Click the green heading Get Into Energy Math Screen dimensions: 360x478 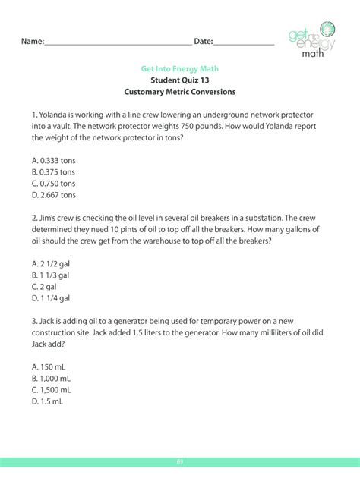[180, 68]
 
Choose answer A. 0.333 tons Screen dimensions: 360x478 [54, 161]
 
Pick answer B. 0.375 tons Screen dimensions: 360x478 [54, 172]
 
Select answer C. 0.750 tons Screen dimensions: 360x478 [54, 184]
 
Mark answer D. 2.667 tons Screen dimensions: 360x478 [54, 195]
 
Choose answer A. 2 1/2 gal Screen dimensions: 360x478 [51, 264]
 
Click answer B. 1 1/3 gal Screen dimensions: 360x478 [51, 275]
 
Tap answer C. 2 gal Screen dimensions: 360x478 [46, 287]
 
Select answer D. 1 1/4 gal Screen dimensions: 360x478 [51, 298]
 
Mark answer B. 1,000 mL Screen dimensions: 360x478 [53, 378]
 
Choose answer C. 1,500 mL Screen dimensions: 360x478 [53, 389]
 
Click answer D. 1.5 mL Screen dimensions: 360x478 [48, 401]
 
